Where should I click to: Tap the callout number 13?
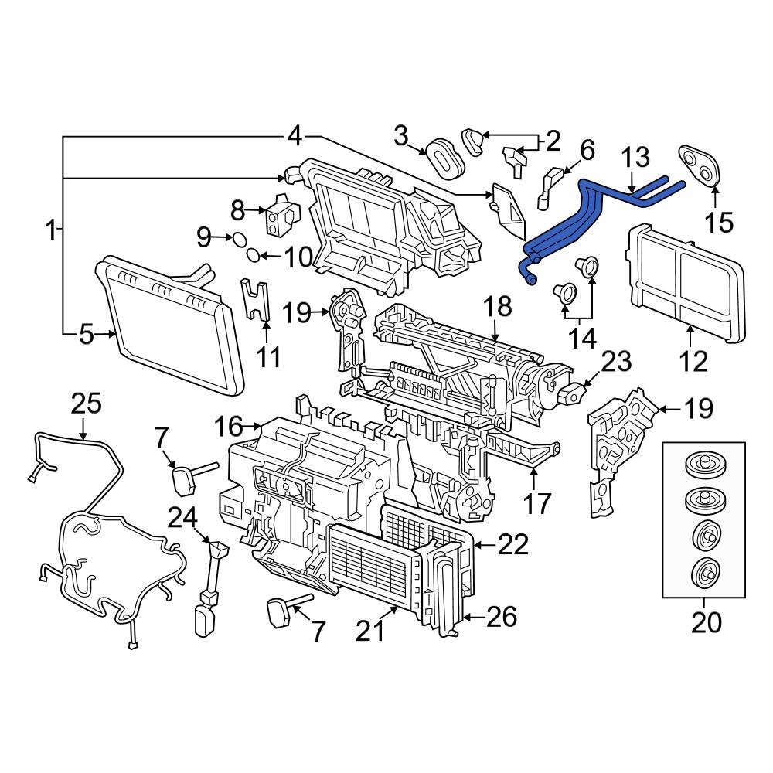click(636, 158)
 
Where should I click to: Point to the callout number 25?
click(86, 404)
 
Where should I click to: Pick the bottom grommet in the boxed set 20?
click(703, 573)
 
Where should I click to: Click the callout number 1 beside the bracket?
click(51, 230)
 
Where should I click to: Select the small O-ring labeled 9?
click(238, 238)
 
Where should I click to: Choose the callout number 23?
click(615, 361)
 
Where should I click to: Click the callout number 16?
click(229, 425)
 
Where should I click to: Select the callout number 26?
click(501, 617)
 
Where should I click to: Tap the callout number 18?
click(498, 307)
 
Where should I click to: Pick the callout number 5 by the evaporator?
click(86, 334)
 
